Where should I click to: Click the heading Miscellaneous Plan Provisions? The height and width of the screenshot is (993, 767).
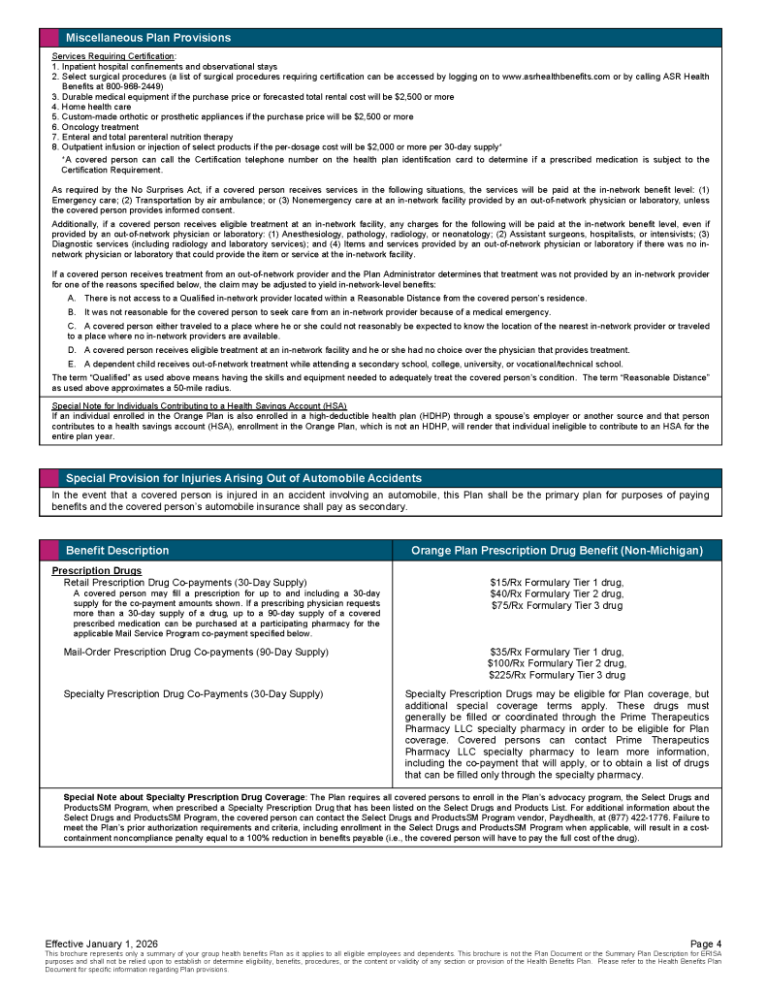[x=147, y=38]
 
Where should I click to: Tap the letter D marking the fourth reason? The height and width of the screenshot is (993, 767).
[x=71, y=350]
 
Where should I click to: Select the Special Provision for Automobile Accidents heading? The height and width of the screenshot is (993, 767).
[x=243, y=478]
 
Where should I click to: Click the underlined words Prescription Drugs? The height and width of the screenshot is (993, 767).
[x=96, y=570]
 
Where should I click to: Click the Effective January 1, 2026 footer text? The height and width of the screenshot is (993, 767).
[x=102, y=944]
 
